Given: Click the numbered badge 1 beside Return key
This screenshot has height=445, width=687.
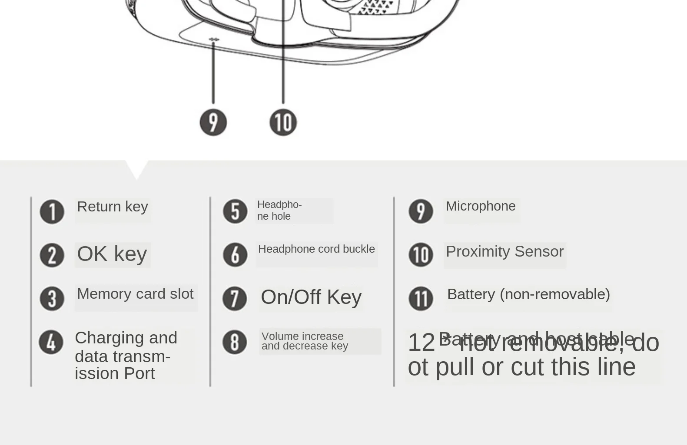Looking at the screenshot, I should coord(52,212).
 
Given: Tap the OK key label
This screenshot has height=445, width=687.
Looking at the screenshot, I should coord(112,254).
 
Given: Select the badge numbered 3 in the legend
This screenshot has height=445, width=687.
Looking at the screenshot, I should coord(52,299).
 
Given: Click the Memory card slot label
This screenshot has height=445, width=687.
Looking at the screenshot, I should coord(135,294).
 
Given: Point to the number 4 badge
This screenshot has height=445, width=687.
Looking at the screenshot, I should coord(51,342).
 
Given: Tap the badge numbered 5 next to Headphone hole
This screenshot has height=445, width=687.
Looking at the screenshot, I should coord(235,211).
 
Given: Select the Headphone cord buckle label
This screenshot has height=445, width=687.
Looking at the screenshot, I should coord(316,249).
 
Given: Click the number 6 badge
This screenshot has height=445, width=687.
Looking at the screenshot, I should coord(235,255).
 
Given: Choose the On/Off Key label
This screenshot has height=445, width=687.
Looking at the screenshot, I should coord(311,297).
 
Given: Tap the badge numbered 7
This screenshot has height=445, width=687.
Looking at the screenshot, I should coord(235,299).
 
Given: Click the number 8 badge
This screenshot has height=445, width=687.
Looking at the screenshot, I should coord(235,342).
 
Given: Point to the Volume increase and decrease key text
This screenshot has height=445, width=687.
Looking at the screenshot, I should coord(305,341).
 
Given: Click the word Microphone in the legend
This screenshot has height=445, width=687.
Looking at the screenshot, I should coord(481,206).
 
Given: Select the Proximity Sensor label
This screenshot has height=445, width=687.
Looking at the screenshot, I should coord(504,252).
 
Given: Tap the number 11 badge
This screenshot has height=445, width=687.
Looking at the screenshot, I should coord(421,299).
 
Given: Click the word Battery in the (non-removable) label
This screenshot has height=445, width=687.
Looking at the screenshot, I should coord(471,294).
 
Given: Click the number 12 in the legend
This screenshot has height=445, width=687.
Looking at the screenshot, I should coord(421,343).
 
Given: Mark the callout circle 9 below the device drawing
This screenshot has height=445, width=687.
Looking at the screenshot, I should coord(213,122).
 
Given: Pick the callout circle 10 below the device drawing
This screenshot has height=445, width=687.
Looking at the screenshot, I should coord(283,122).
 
